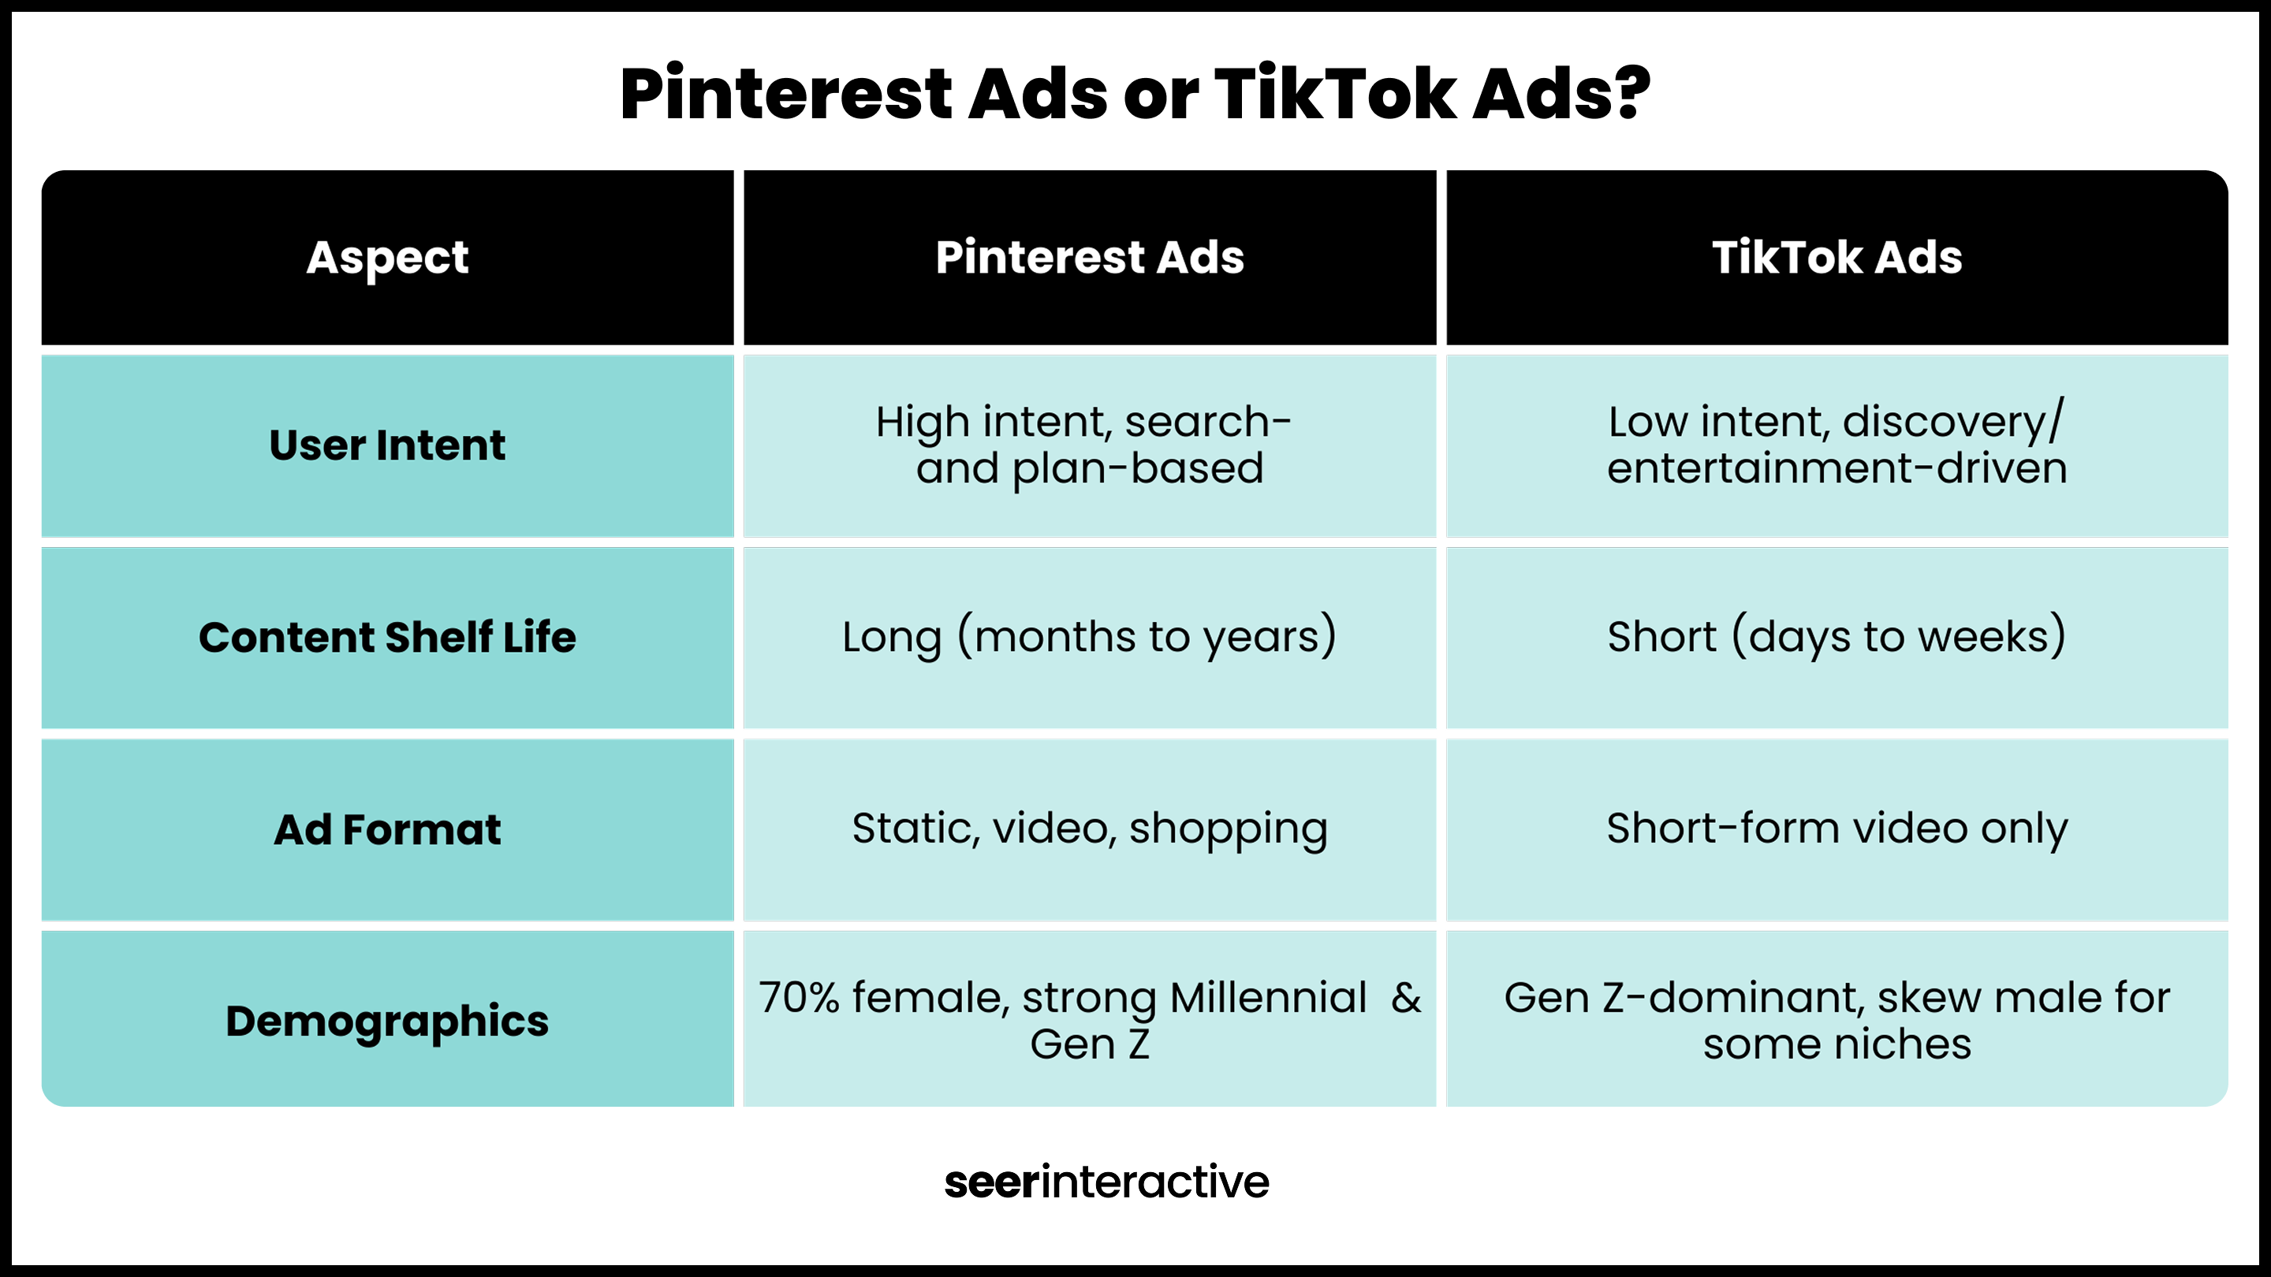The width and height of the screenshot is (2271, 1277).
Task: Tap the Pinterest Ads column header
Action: click(1090, 257)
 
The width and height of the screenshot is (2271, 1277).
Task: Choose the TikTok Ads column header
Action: click(1837, 257)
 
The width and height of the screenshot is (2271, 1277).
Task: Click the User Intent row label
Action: click(387, 445)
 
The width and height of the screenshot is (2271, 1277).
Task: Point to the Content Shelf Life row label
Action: click(387, 637)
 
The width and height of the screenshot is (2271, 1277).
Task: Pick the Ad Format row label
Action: click(387, 829)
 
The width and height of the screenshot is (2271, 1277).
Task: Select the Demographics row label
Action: click(387, 1022)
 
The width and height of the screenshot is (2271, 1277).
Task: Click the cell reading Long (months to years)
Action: click(1090, 636)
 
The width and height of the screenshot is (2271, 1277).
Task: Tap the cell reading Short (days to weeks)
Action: click(1837, 636)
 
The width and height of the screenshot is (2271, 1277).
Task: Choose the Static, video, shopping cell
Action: click(1090, 829)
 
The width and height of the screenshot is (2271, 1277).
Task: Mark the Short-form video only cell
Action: click(1837, 829)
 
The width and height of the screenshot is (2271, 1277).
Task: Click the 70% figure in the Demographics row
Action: click(799, 999)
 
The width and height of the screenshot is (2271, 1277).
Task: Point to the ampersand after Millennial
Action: click(1406, 999)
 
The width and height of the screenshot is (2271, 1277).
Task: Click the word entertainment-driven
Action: click(1837, 468)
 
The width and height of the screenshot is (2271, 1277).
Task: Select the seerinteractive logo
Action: click(1106, 1182)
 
